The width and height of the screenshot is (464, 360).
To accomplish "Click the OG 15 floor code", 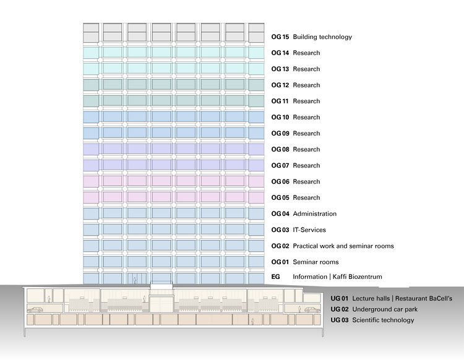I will pos(280,37).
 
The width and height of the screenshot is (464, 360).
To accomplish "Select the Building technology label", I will pos(322,37).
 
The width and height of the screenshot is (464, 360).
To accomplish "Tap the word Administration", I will pos(315,214).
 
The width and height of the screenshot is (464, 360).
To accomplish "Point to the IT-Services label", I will pos(309,230).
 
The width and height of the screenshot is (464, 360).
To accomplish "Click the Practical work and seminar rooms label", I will pos(343,246).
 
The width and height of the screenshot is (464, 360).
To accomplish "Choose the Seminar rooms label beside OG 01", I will pos(316,262).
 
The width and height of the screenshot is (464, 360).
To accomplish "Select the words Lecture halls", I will pos(371,299).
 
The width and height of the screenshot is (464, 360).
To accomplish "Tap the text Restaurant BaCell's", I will pos(426,299).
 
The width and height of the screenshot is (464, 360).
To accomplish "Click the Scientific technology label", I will pos(384,320).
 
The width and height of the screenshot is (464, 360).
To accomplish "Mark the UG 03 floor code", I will pos(340,320).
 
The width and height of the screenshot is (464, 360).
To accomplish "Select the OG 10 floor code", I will pos(280,118).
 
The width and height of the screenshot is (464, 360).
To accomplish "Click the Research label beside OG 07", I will pos(306,166).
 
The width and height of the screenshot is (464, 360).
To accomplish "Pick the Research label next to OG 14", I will pos(306,53).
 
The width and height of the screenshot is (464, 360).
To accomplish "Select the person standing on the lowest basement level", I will pos(252,321).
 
